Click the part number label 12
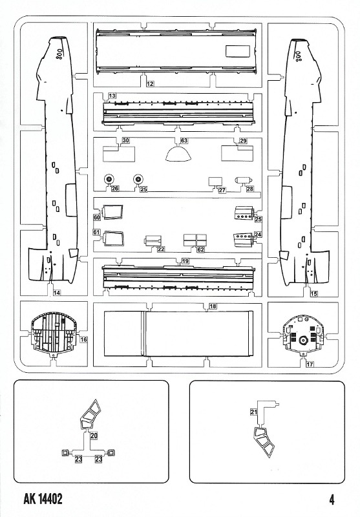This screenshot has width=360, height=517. pos(150,84)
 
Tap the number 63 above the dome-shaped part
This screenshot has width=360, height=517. pos(184,140)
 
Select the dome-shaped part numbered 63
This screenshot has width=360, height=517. pos(178,154)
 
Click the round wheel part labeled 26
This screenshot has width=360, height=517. pos(109,180)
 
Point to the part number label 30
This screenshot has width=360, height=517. pos(125,140)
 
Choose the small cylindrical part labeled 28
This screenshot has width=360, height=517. pos(243,180)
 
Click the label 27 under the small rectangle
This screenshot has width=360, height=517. pos(222,190)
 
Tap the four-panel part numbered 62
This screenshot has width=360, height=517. pos(195,240)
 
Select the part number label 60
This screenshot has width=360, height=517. pos(97,217)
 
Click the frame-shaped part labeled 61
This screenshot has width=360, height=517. pos(114,238)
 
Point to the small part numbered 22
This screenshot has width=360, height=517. pos(153,240)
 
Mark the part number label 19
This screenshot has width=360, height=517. pos(185,261)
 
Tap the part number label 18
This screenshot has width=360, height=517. pos(213,306)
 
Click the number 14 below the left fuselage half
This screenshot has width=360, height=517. pos(57,293)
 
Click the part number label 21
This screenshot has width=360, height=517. pos(253,412)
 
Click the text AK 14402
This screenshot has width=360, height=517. pos(43,499)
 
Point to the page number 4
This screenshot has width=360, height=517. pos(332,500)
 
